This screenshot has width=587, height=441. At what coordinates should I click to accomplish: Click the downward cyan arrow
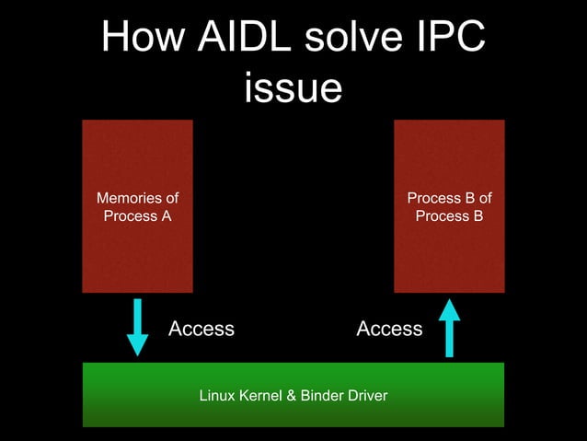pos(137,327)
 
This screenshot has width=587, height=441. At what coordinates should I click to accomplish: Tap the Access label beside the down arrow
pos(201,329)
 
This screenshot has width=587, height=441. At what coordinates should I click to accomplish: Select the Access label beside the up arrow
pos(389,329)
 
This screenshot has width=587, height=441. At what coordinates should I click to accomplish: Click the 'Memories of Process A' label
pos(137,207)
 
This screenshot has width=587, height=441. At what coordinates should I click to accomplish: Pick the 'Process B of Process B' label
pos(449,207)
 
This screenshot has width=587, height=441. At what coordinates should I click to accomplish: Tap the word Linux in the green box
pos(216,396)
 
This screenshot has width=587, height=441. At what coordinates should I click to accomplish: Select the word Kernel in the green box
pos(260,396)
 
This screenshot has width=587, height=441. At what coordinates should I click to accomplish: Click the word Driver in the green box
pos(366,396)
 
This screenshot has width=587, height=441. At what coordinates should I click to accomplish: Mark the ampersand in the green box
pos(291,396)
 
